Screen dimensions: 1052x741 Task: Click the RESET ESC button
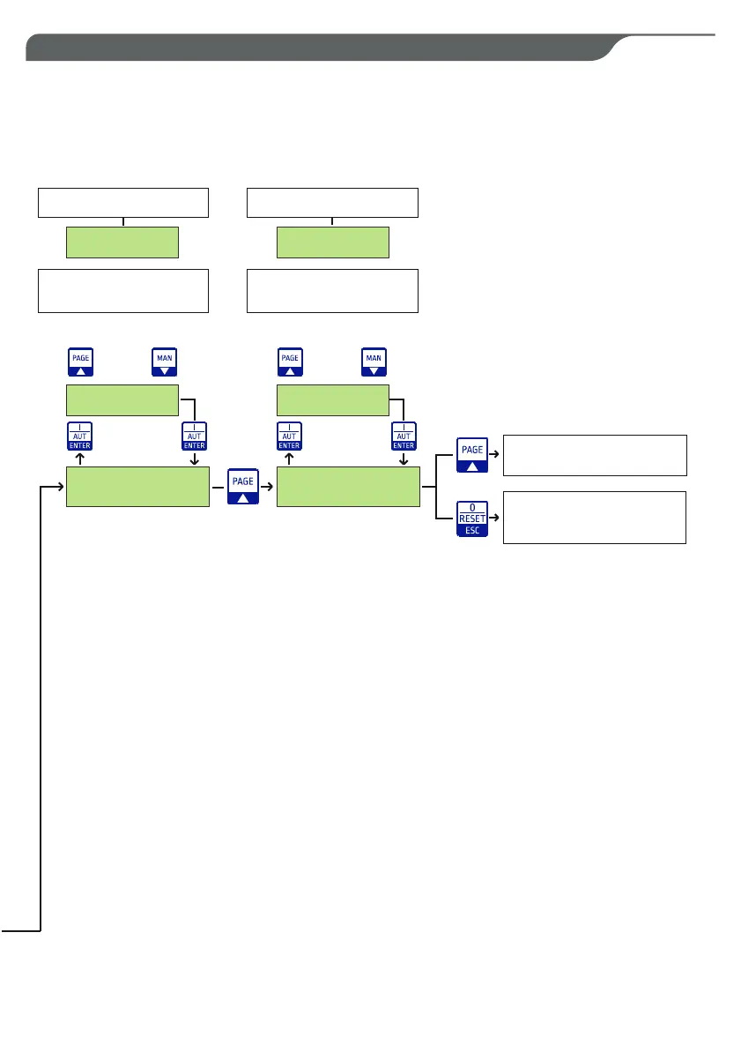[472, 518]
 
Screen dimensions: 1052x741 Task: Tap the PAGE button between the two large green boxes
[241, 486]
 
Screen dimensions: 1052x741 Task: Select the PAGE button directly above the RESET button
[472, 455]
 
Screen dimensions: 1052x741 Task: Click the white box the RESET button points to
[594, 517]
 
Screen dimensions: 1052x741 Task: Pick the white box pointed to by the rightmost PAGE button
[594, 455]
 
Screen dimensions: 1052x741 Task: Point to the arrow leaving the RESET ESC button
[494, 518]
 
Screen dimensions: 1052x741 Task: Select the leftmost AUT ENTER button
[80, 436]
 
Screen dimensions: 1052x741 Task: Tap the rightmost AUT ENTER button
[404, 436]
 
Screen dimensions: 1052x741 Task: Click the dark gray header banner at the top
[317, 48]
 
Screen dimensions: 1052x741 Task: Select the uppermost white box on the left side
[122, 202]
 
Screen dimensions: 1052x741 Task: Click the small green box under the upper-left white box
[122, 242]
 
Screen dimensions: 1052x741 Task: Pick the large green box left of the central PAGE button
[137, 487]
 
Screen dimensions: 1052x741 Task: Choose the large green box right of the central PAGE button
[348, 487]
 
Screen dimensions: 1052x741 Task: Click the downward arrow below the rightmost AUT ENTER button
[404, 459]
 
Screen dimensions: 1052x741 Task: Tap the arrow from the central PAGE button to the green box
[267, 487]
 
